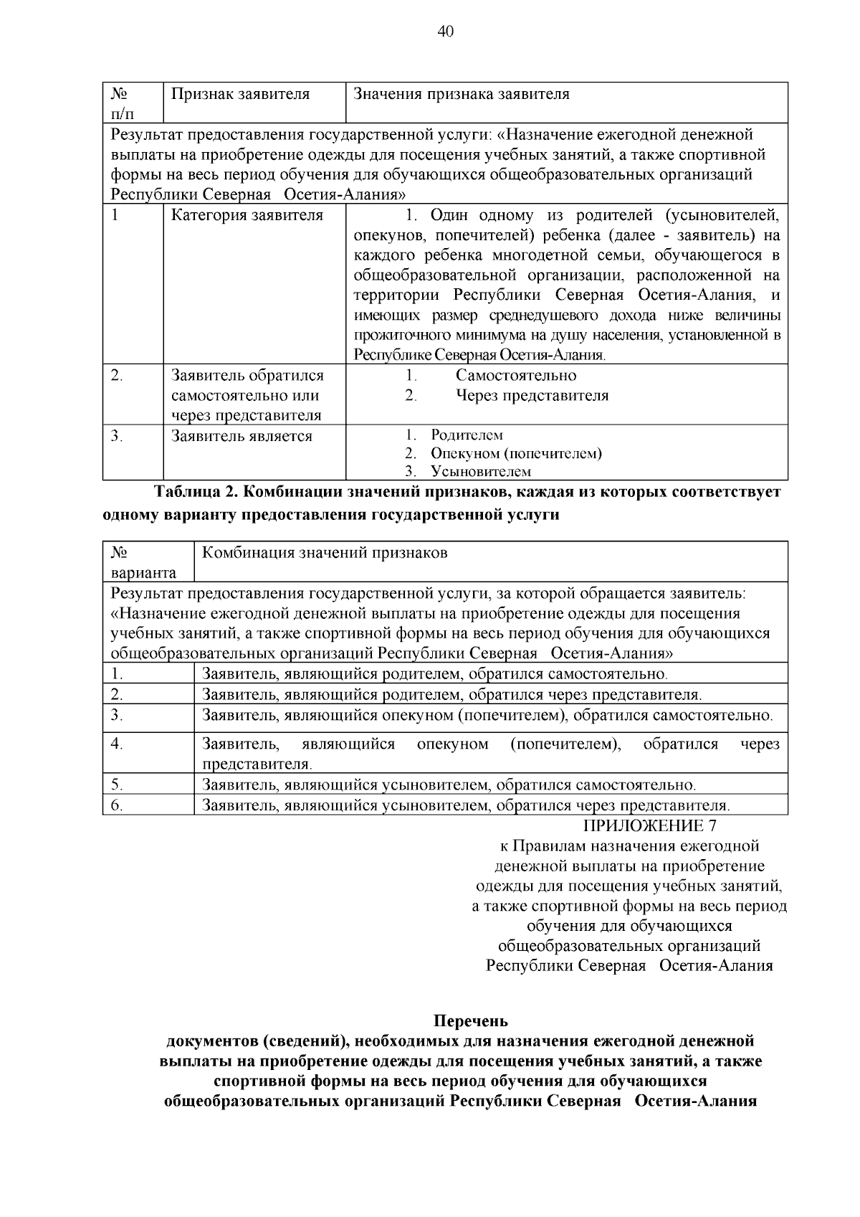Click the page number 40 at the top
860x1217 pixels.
(x=444, y=31)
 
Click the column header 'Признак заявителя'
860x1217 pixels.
(x=240, y=94)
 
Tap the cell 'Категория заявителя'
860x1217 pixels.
(x=247, y=215)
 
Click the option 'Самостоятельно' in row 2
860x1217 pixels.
(x=516, y=375)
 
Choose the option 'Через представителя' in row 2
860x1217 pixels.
(x=532, y=395)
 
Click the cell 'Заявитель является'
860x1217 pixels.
(x=242, y=436)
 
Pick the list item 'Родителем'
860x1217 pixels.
(x=467, y=435)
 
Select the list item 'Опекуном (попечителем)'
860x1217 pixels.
(x=516, y=453)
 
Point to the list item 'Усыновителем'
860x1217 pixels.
(x=481, y=471)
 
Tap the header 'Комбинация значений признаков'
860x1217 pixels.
(x=325, y=553)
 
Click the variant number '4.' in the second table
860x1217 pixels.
(x=118, y=744)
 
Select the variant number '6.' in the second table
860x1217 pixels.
(x=118, y=805)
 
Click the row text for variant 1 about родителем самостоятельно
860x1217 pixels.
(x=435, y=674)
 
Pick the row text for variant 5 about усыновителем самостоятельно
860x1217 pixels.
(x=449, y=785)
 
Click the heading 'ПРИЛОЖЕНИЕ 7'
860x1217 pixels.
(x=650, y=826)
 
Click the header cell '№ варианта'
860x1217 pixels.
(x=143, y=563)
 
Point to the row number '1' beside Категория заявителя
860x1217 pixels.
(x=115, y=215)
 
